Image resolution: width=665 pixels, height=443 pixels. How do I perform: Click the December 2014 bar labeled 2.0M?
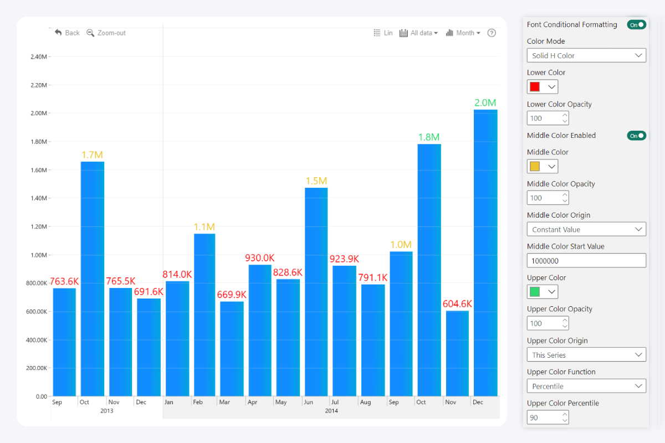(485, 253)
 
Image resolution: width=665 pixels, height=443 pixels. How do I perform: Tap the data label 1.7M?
(92, 155)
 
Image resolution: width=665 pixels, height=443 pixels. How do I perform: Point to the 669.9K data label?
(232, 295)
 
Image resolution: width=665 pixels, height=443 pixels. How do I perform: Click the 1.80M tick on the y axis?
(38, 142)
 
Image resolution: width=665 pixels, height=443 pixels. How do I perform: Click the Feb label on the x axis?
(198, 402)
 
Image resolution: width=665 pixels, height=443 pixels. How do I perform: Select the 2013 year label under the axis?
(107, 411)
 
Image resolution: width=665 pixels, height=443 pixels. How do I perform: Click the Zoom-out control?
(106, 33)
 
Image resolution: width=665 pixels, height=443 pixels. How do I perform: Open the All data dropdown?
(418, 33)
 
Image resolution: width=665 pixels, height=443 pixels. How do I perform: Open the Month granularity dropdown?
(463, 33)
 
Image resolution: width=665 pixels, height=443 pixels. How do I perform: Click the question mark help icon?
(492, 33)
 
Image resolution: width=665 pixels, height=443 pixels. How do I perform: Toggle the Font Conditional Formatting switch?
(636, 24)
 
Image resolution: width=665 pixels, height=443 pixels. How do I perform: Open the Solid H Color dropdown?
(586, 55)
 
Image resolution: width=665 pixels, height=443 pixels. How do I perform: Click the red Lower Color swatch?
(535, 87)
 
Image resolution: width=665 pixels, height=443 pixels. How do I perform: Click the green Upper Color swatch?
(535, 292)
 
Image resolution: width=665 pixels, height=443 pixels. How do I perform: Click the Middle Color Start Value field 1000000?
(586, 260)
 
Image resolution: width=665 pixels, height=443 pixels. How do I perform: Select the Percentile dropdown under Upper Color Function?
(586, 386)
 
